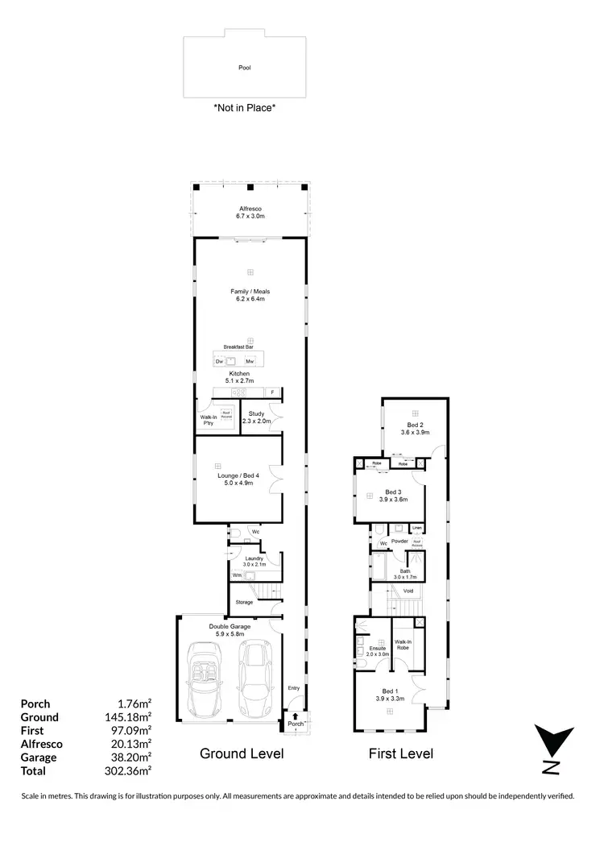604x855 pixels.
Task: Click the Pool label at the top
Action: coord(245,68)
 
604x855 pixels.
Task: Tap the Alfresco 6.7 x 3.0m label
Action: coord(250,212)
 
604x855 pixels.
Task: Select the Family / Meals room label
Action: coord(250,295)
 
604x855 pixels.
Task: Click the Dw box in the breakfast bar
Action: coord(219,362)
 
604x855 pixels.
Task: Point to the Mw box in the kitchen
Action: coord(250,362)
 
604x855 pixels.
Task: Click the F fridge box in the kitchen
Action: coord(273,392)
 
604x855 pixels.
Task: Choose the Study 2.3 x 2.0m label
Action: coord(256,417)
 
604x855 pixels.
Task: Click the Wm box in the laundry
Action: coord(237,575)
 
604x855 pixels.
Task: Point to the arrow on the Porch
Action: coord(296,716)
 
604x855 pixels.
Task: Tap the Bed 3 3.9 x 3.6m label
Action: coord(395,496)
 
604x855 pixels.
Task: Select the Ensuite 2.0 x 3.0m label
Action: coord(377,651)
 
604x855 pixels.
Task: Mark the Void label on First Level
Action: coord(408,591)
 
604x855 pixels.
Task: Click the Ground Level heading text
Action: coord(242,754)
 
